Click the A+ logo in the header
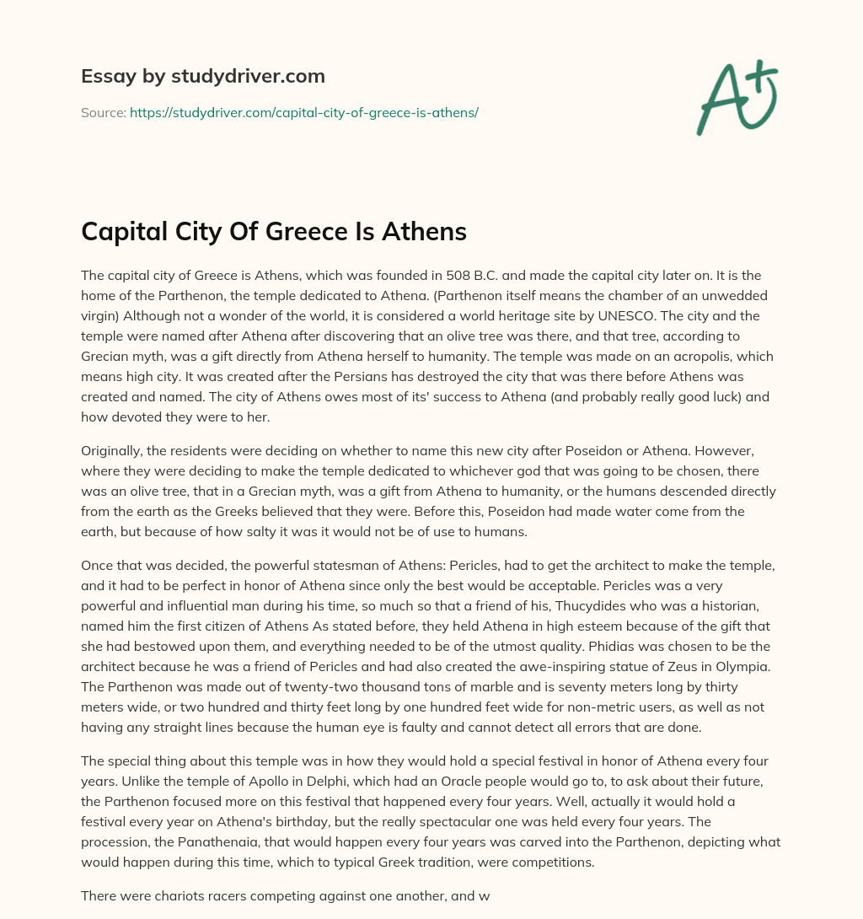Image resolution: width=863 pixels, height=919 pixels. (x=736, y=98)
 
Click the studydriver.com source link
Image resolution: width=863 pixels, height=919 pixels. (x=304, y=112)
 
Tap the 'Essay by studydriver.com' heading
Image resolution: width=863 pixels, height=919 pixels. (x=202, y=76)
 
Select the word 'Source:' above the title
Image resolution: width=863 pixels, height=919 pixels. (x=104, y=112)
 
